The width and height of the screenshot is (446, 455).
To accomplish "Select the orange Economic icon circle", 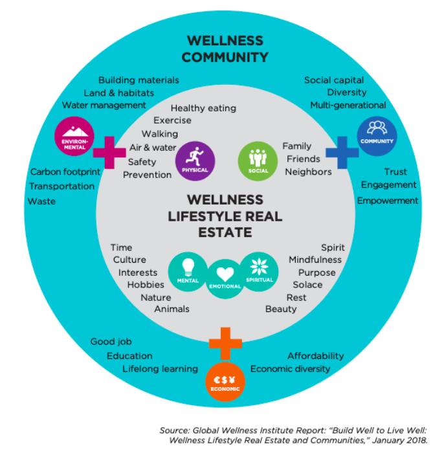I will [225, 382].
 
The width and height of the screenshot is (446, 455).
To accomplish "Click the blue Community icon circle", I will [377, 134].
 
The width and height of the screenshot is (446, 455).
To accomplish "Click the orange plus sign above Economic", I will [225, 343].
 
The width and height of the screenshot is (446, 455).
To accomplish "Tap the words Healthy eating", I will [203, 108].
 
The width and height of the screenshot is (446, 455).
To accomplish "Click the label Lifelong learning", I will [160, 369].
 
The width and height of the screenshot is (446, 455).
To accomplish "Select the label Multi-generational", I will [348, 105].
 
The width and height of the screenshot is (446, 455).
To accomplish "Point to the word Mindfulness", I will [315, 260].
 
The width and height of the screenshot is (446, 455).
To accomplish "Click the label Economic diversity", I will [290, 369].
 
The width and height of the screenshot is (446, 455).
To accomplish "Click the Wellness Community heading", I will [225, 49].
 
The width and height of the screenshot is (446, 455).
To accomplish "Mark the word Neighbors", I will [308, 172].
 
